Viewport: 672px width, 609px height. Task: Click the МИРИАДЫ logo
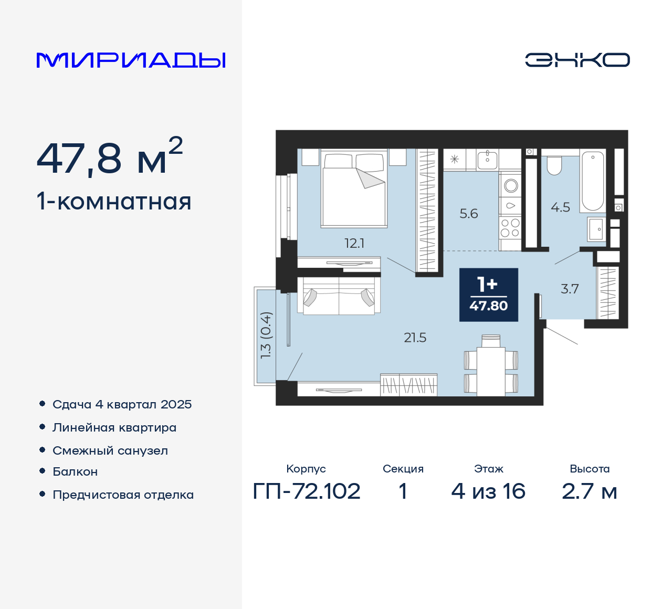pos(131,60)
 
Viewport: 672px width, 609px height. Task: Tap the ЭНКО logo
pos(577,60)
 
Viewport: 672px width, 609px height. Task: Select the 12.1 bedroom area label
pos(354,243)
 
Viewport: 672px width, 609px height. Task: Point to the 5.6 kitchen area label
pos(469,214)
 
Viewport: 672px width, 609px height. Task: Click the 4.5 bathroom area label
pos(560,207)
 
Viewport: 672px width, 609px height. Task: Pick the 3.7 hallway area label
pos(570,289)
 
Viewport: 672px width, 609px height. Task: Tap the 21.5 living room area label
pos(415,338)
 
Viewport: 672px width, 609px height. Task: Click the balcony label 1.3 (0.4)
pos(266,335)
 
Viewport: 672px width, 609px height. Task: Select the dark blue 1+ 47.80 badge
pos(488,295)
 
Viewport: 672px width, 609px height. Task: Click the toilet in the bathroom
pos(554,165)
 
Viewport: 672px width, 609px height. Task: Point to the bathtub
pos(593,181)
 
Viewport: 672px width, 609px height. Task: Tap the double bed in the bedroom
pos(354,190)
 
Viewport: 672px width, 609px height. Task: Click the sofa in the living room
pos(339,296)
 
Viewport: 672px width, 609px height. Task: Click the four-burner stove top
pos(510,228)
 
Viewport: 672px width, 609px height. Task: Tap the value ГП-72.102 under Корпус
pos(307,491)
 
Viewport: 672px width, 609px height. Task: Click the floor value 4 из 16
pos(488,491)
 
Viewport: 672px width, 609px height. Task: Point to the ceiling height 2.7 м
pos(589,491)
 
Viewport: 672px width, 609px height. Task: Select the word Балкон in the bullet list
pos(75,472)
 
